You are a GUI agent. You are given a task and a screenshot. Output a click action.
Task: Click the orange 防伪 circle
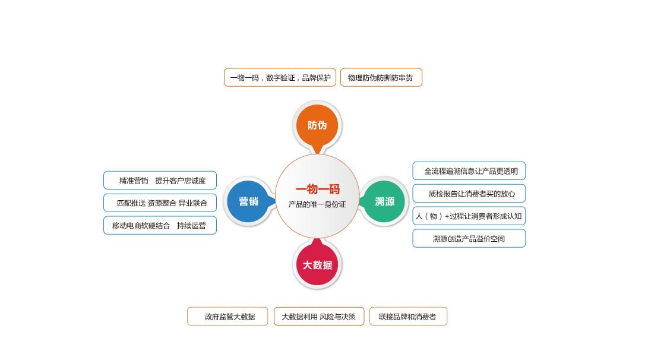317,125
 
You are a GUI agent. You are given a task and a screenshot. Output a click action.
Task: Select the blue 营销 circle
248,201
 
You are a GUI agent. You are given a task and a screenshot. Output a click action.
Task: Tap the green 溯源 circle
385,201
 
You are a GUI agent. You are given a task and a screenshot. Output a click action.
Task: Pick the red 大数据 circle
317,265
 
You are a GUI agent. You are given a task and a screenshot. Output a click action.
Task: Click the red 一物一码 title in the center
318,190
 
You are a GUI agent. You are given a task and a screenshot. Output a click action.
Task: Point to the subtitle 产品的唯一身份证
317,204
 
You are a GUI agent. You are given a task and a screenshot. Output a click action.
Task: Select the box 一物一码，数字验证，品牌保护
280,77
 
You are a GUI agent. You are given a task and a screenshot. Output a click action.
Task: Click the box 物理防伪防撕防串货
381,77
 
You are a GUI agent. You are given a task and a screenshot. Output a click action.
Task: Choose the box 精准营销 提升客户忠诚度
160,181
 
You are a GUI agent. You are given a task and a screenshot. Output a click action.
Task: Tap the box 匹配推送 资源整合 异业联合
160,203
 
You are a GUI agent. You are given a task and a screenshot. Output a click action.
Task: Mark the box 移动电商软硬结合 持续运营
160,225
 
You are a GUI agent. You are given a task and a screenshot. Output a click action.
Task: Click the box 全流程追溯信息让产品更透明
469,171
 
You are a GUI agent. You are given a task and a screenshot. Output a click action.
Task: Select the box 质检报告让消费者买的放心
469,194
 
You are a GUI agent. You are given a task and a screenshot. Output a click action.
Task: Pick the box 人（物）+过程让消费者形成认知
469,216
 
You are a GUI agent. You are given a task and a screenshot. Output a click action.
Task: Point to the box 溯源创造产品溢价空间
469,238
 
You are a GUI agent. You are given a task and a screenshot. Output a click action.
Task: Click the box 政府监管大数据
227,317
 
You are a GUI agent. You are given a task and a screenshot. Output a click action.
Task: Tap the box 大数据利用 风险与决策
318,317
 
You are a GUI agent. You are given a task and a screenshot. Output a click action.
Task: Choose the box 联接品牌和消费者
407,317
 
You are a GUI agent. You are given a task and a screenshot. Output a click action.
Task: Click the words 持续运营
191,226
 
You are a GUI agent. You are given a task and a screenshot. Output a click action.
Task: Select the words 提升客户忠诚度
181,181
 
